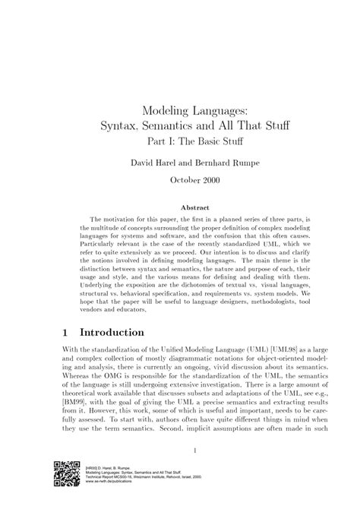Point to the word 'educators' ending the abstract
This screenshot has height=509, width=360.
pos(133,310)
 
